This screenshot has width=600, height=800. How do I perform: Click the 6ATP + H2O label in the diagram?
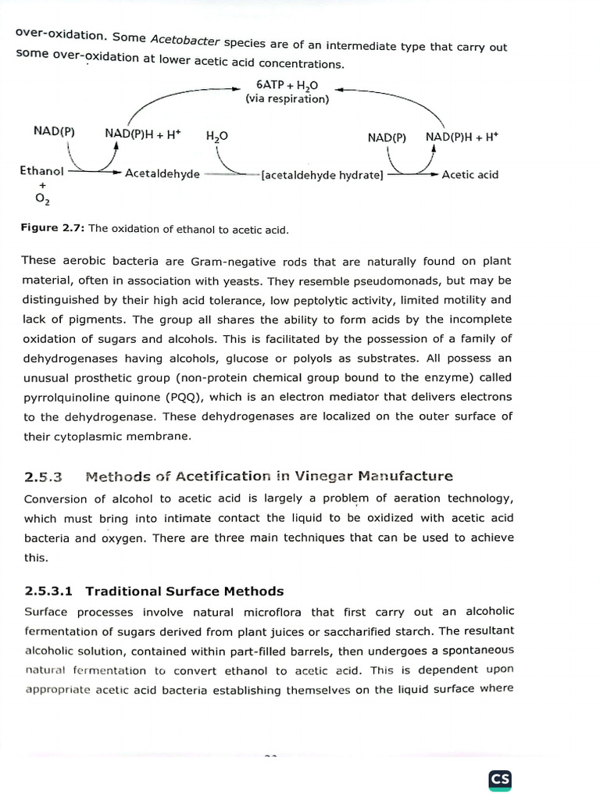(x=287, y=84)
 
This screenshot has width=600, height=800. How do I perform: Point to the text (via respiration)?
(x=287, y=99)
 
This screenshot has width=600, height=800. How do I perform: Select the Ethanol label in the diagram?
(x=41, y=170)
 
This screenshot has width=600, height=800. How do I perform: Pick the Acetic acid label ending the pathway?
(x=470, y=174)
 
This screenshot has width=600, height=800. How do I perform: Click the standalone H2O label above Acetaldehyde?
(x=216, y=136)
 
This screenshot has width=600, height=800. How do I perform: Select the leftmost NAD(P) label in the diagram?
(x=54, y=131)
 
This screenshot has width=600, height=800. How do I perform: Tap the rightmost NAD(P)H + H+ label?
(x=462, y=136)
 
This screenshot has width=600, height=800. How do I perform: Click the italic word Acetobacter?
(x=181, y=40)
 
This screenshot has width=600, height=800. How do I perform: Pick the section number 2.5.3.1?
(x=50, y=591)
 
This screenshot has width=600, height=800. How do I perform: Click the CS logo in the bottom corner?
(x=500, y=779)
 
